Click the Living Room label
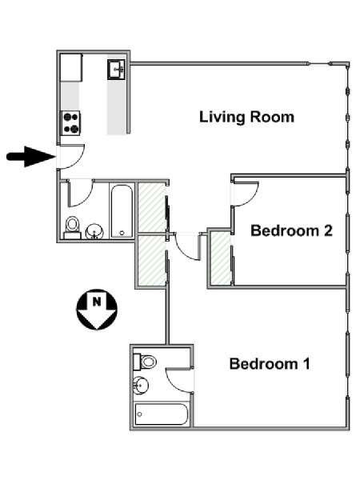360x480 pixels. (246, 117)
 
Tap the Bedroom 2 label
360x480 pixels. (291, 230)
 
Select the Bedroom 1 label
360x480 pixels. (270, 364)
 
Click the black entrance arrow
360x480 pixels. (30, 157)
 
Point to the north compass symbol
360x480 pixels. (97, 309)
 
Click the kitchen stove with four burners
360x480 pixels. (71, 123)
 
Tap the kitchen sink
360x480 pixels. (116, 70)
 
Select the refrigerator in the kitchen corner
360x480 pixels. (71, 67)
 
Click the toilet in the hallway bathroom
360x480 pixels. (72, 227)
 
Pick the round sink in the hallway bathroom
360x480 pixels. (94, 231)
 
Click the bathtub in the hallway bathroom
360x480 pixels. (122, 210)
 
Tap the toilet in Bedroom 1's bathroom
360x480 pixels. (145, 362)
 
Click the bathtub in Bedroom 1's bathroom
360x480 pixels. (161, 414)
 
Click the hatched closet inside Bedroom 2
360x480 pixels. (221, 258)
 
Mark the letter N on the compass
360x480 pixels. (97, 302)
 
